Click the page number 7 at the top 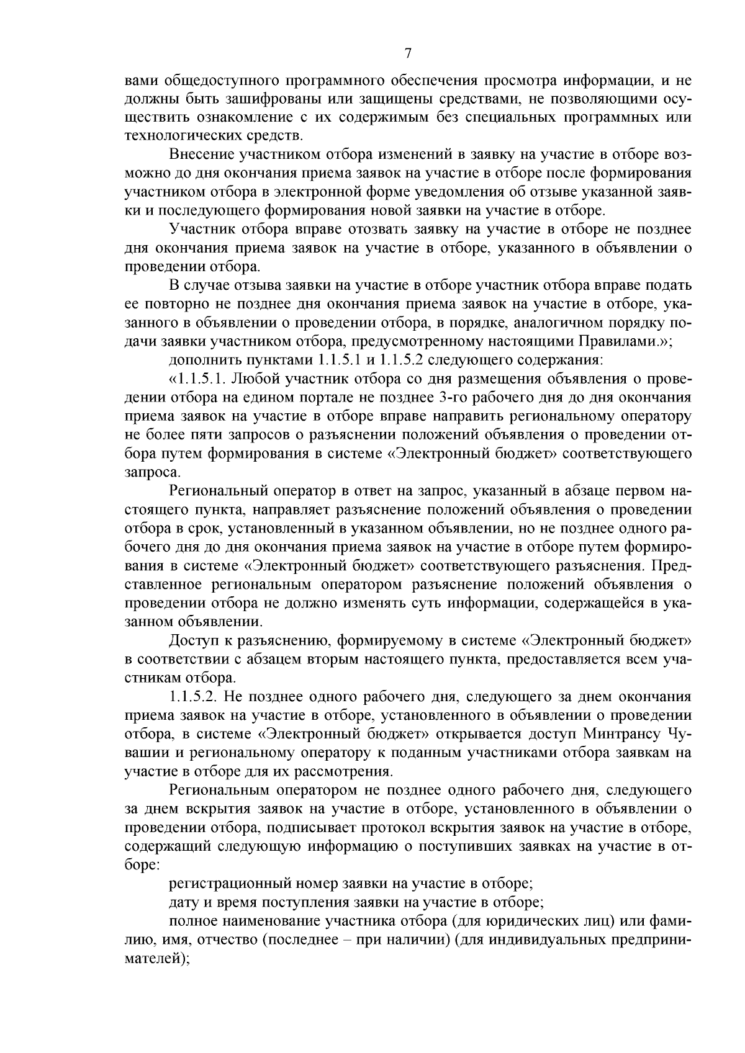click(408, 54)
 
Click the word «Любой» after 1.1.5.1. click(253, 379)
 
